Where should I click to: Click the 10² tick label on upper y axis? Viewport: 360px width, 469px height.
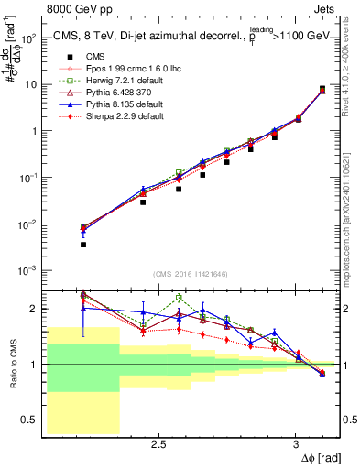29,38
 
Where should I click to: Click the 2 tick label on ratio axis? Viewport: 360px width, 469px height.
35,309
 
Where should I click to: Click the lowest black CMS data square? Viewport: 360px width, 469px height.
83,245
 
